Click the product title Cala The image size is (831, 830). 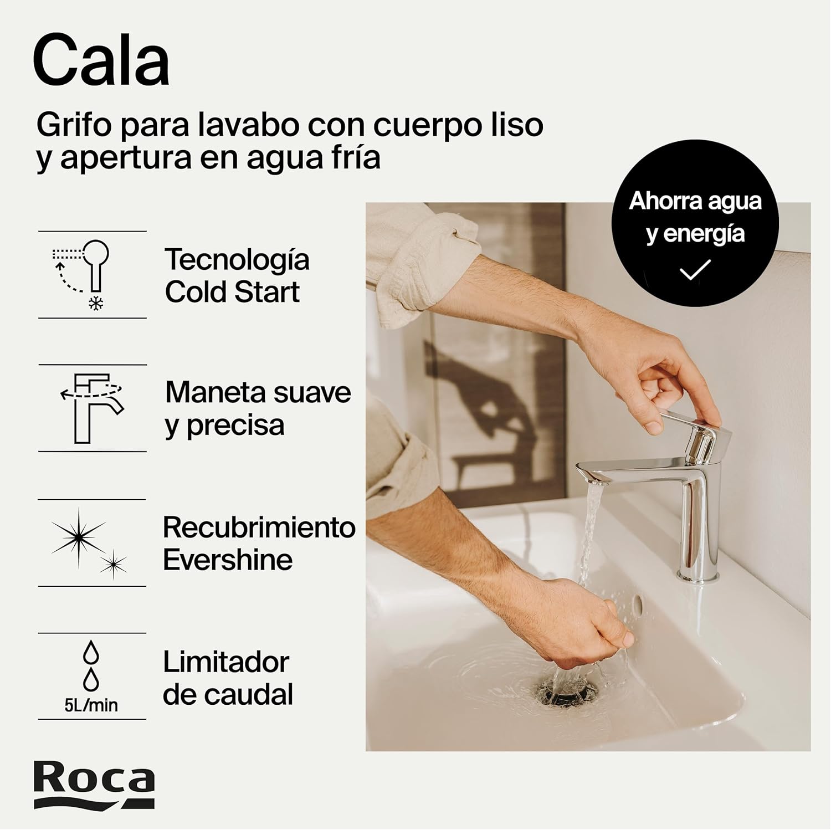101,62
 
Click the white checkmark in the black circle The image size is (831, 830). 695,270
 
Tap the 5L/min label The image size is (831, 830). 91,705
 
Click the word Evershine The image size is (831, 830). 228,560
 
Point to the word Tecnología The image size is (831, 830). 237,259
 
